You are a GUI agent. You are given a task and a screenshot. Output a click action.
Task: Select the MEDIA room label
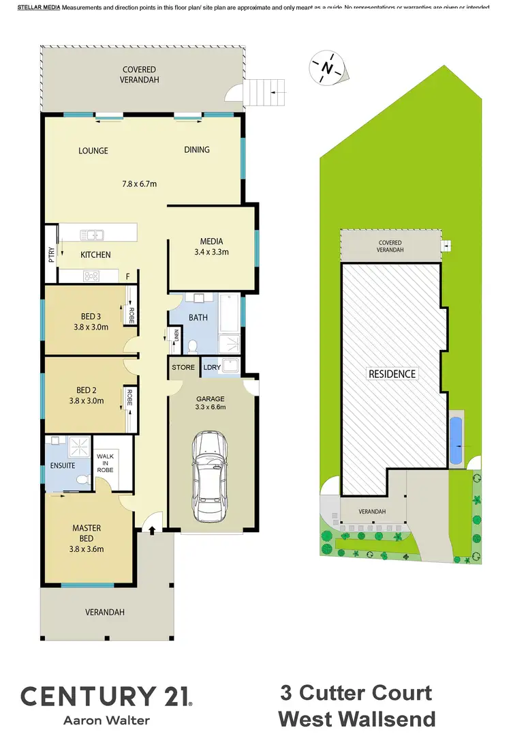(x=212, y=241)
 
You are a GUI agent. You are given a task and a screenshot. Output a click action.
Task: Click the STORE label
(x=183, y=368)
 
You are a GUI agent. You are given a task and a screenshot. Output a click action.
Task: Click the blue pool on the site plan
(x=456, y=440)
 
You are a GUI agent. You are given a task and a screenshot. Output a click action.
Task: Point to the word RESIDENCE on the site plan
(x=392, y=374)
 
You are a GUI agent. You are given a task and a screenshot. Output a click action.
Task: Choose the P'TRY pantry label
(x=50, y=254)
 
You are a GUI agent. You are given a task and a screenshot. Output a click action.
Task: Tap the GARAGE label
(x=211, y=398)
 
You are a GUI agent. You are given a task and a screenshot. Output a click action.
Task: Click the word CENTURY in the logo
(x=87, y=696)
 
